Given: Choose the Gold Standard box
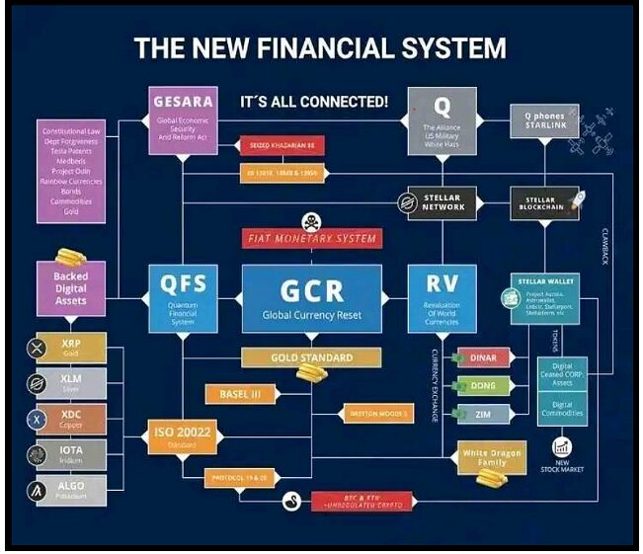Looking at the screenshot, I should coord(311,357).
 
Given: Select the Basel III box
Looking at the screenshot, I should coord(239,394).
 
